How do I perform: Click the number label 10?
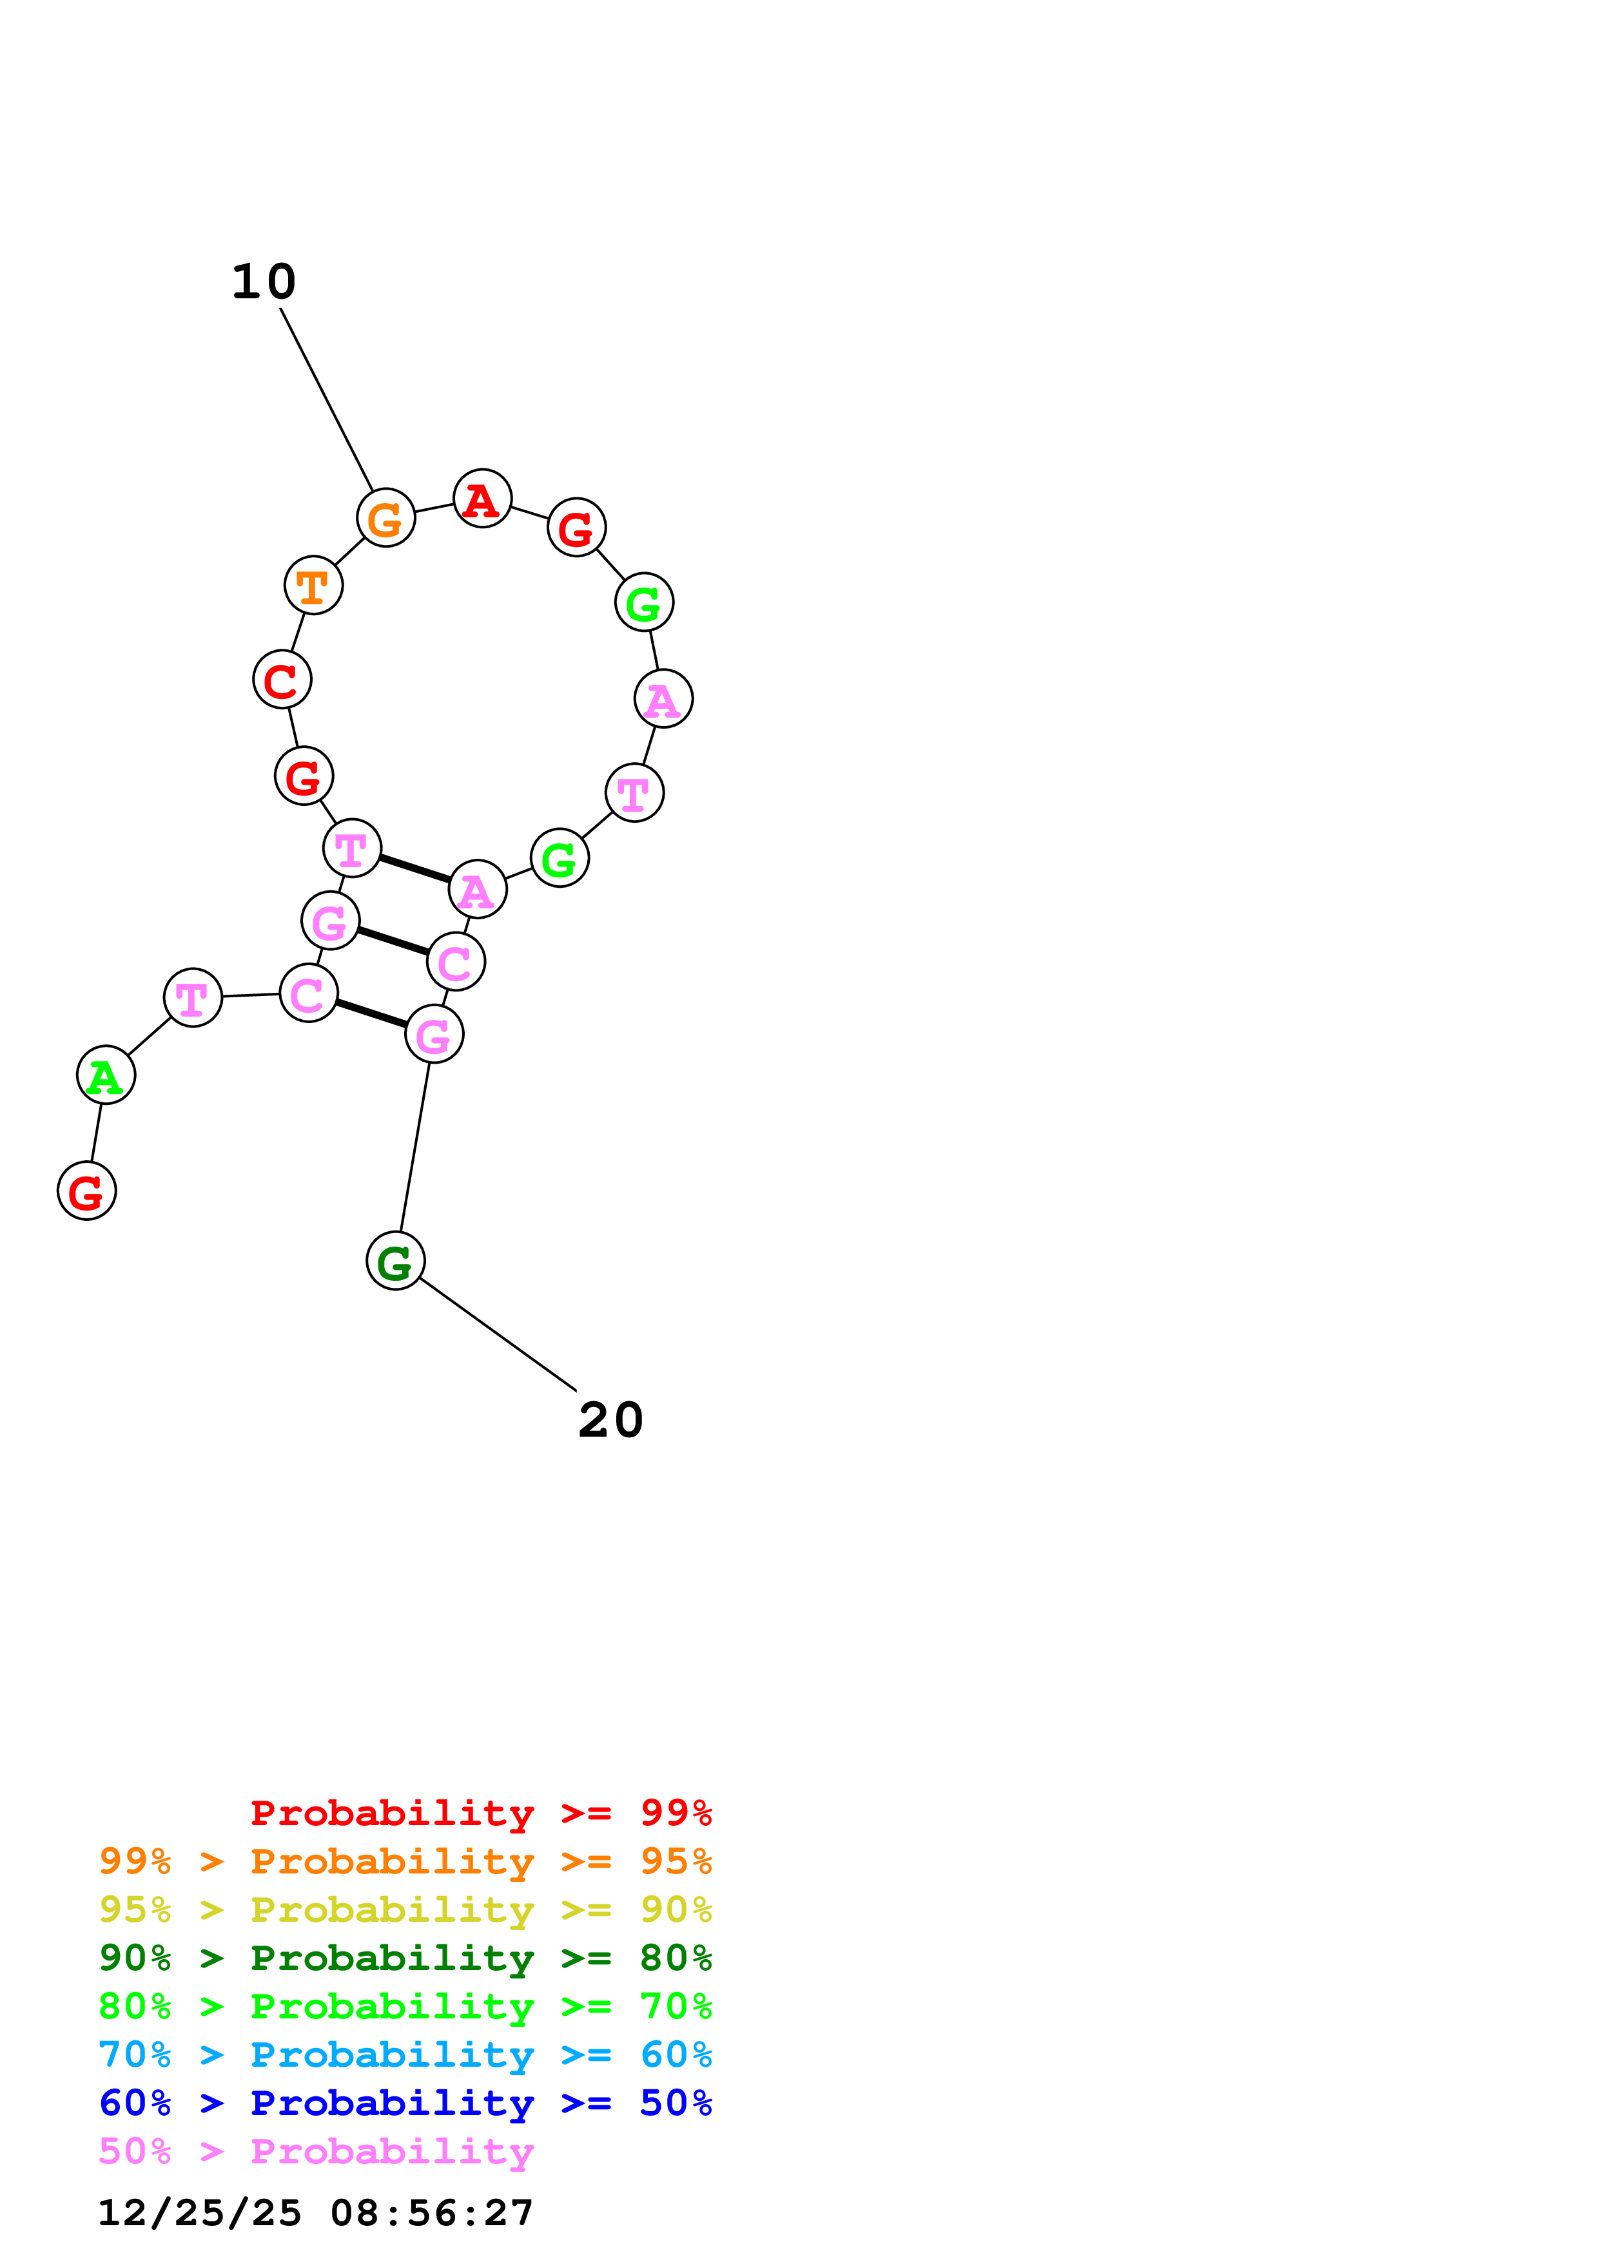point(264,282)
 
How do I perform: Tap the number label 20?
point(610,1421)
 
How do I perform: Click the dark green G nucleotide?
point(396,1261)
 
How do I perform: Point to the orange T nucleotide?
point(313,586)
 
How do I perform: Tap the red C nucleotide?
point(282,680)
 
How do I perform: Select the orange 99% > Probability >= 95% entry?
point(405,1861)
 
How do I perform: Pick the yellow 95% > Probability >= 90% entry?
point(405,1910)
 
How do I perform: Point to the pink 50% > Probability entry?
point(316,2150)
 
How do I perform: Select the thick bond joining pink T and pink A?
point(414,869)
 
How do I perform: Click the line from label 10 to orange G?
point(326,399)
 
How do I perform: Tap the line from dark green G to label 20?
point(497,1334)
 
